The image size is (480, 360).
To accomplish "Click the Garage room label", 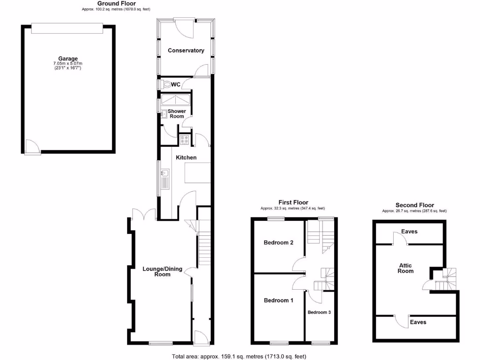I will [x=68, y=59].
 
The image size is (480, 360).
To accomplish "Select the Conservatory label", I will [x=186, y=51].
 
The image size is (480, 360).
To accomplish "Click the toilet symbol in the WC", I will [x=166, y=85].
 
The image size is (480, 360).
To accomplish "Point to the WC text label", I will [x=176, y=85].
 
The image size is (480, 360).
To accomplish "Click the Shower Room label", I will [x=177, y=114].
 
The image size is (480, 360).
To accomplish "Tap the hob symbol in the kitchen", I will [x=184, y=139].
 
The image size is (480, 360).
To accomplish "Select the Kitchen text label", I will [x=186, y=157].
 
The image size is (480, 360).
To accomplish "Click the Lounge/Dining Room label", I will [x=157, y=271].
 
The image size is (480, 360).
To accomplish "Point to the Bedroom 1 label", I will [x=278, y=300].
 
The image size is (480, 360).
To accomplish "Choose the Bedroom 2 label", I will [x=278, y=243].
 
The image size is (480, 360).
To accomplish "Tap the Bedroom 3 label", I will [x=319, y=312].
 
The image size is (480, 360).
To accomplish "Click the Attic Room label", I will [x=406, y=268].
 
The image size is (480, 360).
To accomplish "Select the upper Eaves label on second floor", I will [x=409, y=232].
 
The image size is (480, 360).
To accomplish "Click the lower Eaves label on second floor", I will [x=418, y=322].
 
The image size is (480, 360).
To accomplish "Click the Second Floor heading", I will [x=414, y=205].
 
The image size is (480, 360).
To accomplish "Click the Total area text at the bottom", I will [x=239, y=356].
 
